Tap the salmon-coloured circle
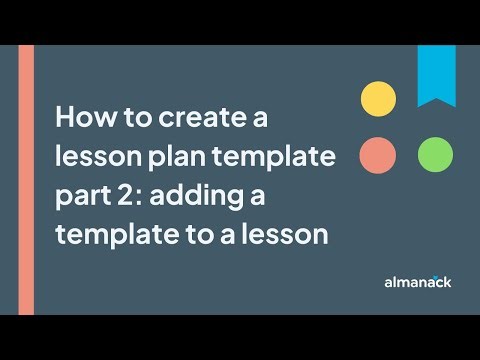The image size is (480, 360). [378, 155]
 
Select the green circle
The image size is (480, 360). [435, 155]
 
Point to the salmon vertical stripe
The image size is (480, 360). [26, 180]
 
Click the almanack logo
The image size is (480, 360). [418, 282]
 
